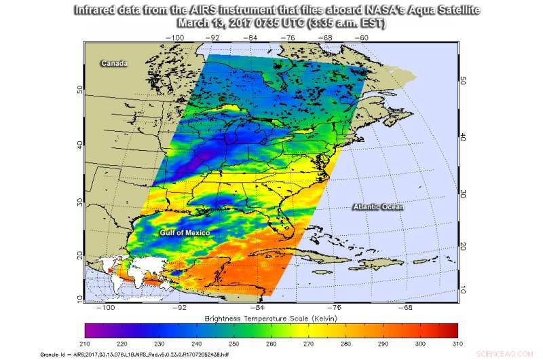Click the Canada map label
[115, 63]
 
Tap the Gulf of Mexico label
[185, 233]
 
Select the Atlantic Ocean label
[378, 206]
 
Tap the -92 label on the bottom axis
[179, 307]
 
